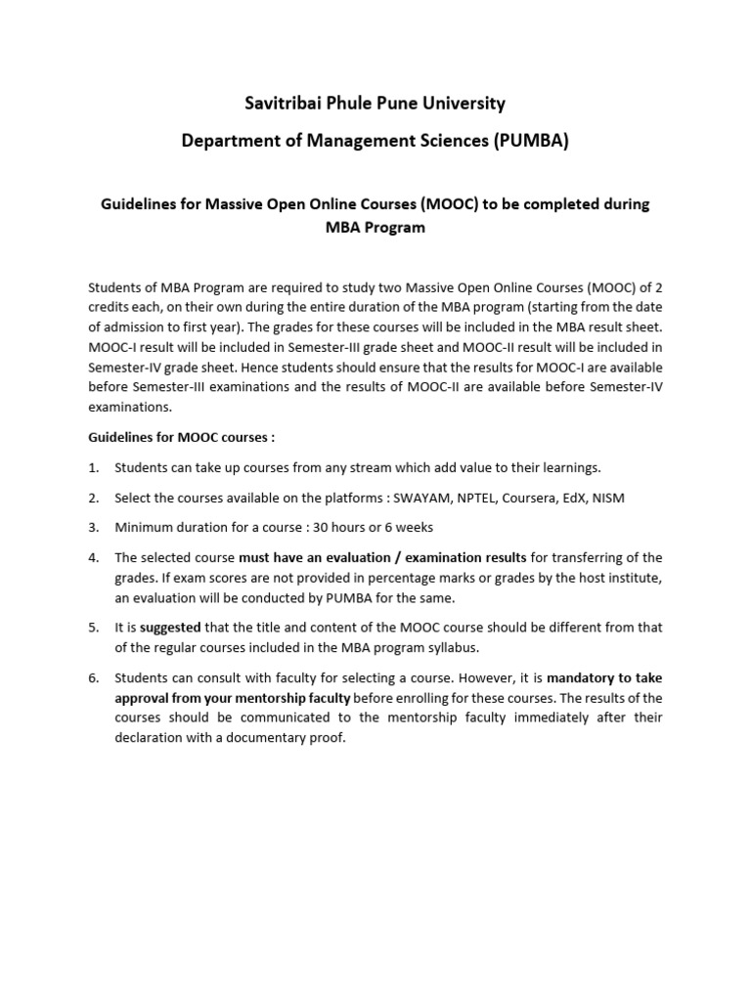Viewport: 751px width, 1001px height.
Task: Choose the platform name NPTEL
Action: click(x=475, y=498)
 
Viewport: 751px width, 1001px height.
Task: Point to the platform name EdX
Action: click(x=581, y=498)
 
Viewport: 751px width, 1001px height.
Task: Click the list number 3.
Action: click(x=94, y=528)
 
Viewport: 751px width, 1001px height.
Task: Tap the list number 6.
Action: click(x=94, y=677)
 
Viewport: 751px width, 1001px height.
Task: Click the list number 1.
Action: click(x=94, y=467)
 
